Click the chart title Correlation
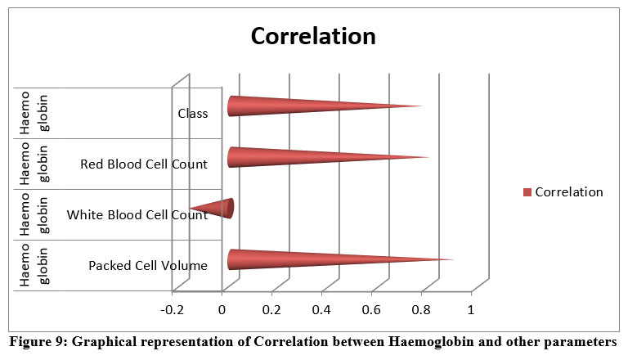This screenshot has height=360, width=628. pos(313,37)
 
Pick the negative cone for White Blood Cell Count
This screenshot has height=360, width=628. pos(217,208)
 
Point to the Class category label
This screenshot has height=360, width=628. pos(192,114)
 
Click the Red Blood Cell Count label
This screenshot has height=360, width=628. pos(144,164)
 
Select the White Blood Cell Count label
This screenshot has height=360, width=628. pos(137,215)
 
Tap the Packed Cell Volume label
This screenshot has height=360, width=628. pos(148,265)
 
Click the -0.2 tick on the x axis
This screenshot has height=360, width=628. pos(173,311)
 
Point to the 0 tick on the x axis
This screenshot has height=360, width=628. pos(222,311)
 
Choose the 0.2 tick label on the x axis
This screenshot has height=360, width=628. pos(271,311)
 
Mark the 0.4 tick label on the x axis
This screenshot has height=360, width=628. pos(321,311)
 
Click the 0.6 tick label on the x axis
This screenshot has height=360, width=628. pos(371,311)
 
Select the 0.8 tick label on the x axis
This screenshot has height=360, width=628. pos(421,311)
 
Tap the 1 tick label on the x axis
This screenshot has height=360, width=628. pos(471,311)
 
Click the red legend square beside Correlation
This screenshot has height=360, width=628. pos(527,192)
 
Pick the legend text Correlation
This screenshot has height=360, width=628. pos(569,192)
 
